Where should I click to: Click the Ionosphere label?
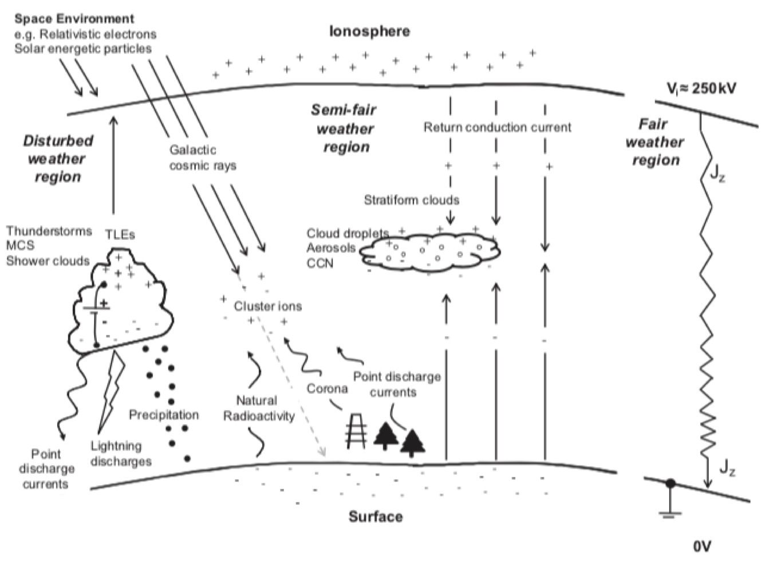point(369,31)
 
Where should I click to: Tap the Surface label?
point(376,517)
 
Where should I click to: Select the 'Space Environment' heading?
point(74,18)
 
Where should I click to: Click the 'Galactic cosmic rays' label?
point(202,158)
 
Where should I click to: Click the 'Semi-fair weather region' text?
point(345,128)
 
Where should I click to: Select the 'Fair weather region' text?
point(654,142)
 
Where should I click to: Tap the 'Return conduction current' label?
point(497,127)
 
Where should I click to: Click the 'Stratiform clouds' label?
point(411,200)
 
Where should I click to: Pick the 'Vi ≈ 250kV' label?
point(701,88)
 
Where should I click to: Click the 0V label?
point(701,546)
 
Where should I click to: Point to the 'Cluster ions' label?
point(267,306)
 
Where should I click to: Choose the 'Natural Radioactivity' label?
point(258,408)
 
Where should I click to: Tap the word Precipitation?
point(164,415)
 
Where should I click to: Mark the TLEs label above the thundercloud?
point(120,235)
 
